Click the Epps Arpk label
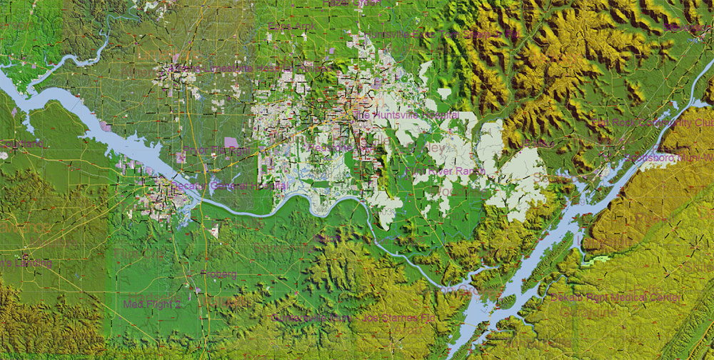[291, 27]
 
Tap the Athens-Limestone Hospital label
[228, 69]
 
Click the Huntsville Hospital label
[406, 114]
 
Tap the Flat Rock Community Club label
[653, 123]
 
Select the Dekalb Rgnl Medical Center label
[615, 296]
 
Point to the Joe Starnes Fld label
[399, 317]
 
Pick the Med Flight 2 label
[152, 304]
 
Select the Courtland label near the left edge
[21, 144]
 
